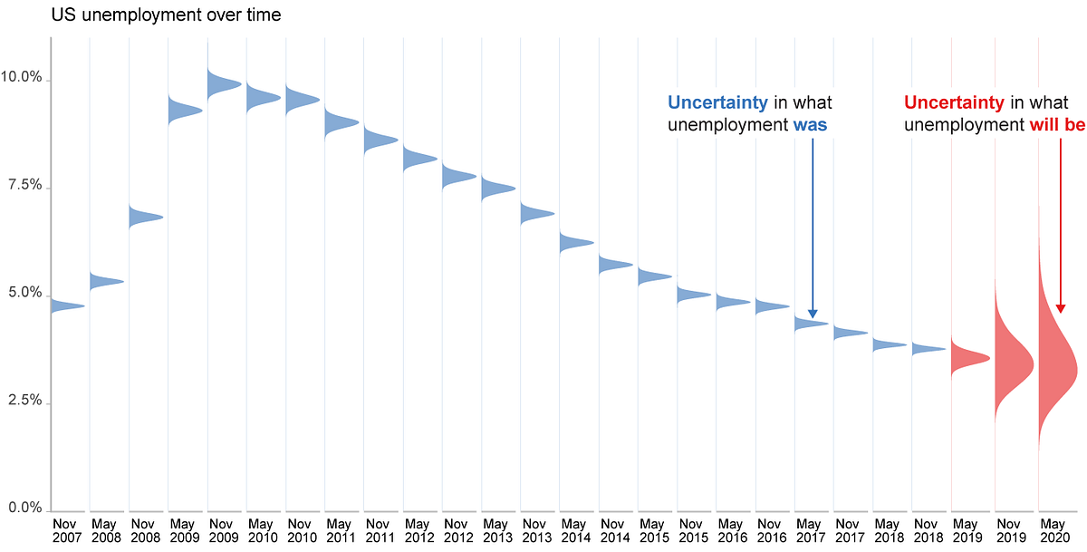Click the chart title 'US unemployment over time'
(166, 15)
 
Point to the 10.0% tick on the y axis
(24, 78)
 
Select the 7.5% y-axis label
(24, 186)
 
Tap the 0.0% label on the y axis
(24, 508)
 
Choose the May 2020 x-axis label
(1053, 530)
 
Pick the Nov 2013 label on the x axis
(534, 530)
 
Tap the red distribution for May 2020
(1053, 367)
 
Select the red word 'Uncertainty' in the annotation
(954, 102)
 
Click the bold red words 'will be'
(1057, 125)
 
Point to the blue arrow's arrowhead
(813, 313)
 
